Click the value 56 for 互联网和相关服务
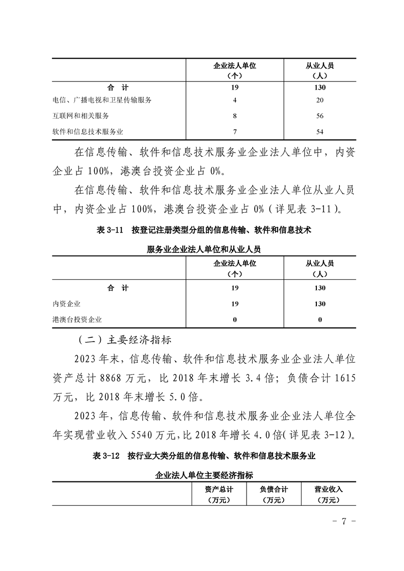[319, 116]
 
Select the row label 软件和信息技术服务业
[88, 132]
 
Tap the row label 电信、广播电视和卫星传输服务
[102, 100]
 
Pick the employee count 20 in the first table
[319, 100]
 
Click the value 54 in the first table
[319, 132]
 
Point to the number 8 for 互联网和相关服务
[235, 116]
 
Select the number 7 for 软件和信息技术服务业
[235, 132]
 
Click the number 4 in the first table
[235, 100]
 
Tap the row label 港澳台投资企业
[77, 320]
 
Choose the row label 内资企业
[67, 304]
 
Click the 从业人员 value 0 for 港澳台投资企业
[320, 320]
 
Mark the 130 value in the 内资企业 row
[320, 304]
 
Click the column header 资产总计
[219, 490]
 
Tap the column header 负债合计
[274, 490]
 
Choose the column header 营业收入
[329, 490]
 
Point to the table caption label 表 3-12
[106, 456]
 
